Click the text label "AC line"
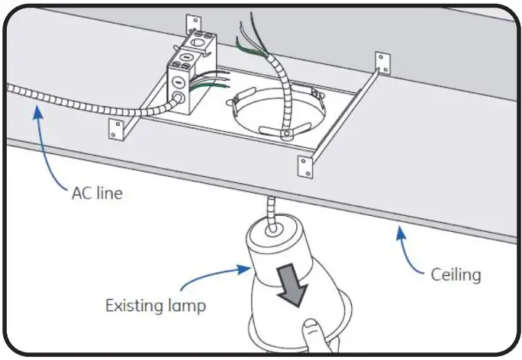[x=97, y=193]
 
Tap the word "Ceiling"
[x=456, y=274]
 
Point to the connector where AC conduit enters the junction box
[x=176, y=97]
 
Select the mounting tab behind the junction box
[x=192, y=22]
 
